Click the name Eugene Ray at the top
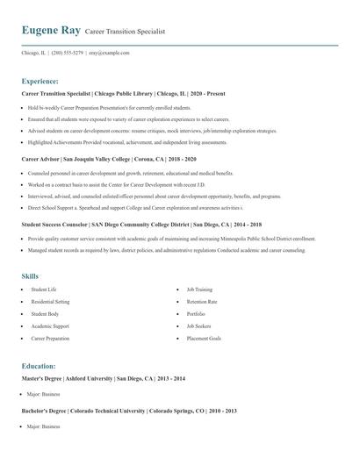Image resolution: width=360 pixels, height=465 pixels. pyautogui.click(x=51, y=31)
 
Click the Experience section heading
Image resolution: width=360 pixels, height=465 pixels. pyautogui.click(x=40, y=80)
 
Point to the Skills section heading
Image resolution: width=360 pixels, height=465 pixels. pyautogui.click(x=31, y=275)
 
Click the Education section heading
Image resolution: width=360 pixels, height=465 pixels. pyautogui.click(x=39, y=365)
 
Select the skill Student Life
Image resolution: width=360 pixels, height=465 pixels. pyautogui.click(x=44, y=289)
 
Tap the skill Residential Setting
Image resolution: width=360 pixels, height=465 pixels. pyautogui.click(x=50, y=301)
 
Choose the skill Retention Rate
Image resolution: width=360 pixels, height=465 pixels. pyautogui.click(x=202, y=301)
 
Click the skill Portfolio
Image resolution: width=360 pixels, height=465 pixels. pyautogui.click(x=196, y=313)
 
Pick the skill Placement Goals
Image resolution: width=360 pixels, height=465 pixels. pyautogui.click(x=204, y=338)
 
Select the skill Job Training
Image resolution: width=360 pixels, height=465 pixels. pyautogui.click(x=199, y=289)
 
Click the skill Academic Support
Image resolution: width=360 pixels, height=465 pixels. pyautogui.click(x=49, y=325)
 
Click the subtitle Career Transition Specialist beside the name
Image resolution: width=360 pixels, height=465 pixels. pyautogui.click(x=124, y=32)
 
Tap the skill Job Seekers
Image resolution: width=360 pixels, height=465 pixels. pyautogui.click(x=198, y=325)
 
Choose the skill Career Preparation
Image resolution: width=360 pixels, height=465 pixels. pyautogui.click(x=51, y=338)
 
